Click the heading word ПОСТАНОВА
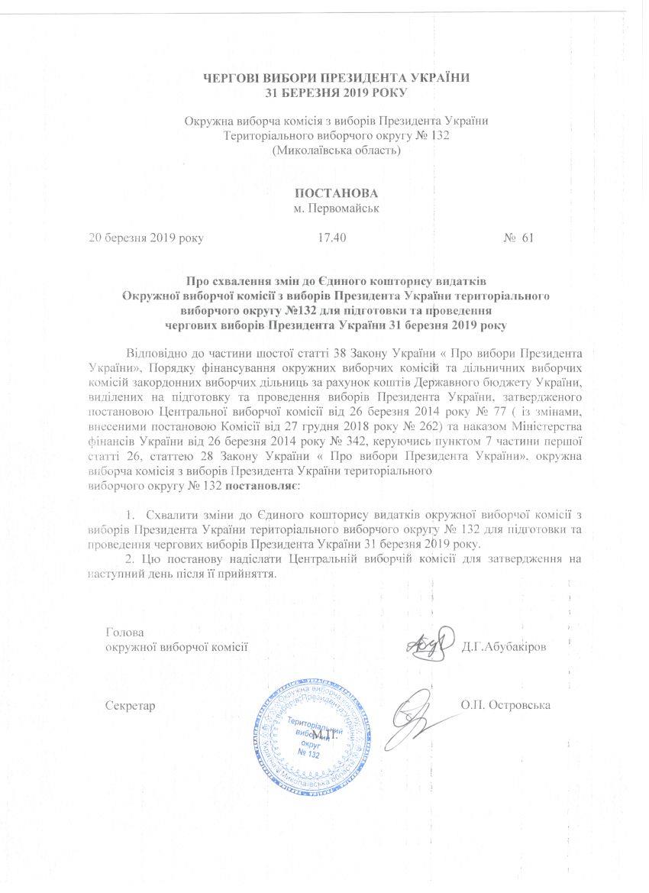pos(337,193)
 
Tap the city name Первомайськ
pos(337,208)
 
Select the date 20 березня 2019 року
pos(147,238)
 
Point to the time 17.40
pos(331,238)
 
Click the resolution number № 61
pos(518,238)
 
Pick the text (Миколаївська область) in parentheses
pos(336,150)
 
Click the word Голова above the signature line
pos(124,633)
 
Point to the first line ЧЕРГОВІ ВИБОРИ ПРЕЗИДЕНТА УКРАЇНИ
pos(336,78)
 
